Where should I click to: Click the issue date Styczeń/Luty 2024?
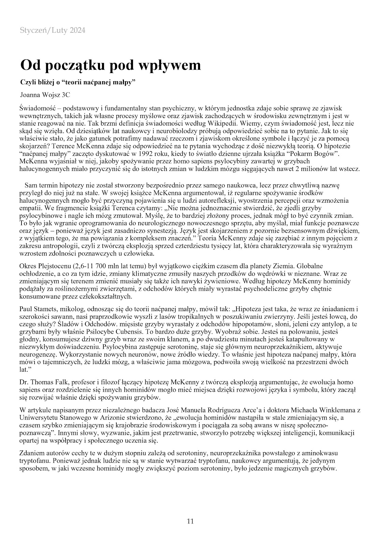[53, 31]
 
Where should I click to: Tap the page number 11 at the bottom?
[190, 521]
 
